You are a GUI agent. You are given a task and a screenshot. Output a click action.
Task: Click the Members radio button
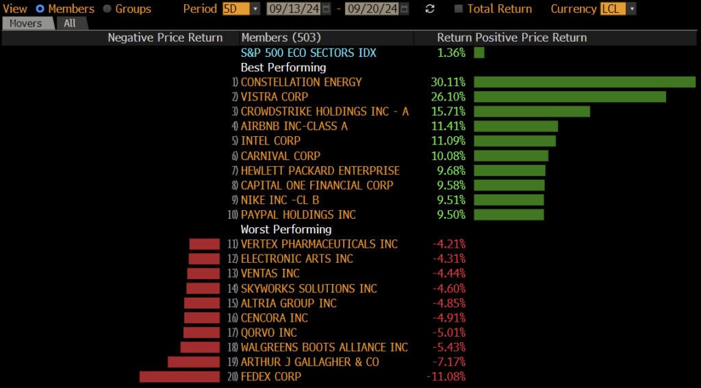(x=40, y=9)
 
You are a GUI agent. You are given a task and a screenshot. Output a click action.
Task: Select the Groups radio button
(x=107, y=9)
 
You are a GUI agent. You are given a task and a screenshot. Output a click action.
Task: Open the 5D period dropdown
(x=241, y=9)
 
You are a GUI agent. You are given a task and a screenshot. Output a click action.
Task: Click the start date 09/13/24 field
(x=294, y=9)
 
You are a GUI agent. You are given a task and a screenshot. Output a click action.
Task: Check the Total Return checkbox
(x=459, y=9)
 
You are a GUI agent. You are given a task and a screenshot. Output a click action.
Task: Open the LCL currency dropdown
(x=618, y=9)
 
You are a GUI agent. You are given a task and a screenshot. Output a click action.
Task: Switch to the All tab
(x=70, y=23)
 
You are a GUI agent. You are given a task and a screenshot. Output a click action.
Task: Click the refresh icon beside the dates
(x=430, y=9)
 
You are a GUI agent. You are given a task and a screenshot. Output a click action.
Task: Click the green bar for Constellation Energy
(x=585, y=82)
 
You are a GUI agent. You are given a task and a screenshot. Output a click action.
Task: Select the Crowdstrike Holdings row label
(x=324, y=112)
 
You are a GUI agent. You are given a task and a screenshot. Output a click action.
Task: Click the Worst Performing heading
(x=285, y=229)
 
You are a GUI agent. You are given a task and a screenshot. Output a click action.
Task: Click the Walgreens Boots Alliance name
(x=324, y=347)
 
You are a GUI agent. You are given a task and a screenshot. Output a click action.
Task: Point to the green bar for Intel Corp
(x=514, y=141)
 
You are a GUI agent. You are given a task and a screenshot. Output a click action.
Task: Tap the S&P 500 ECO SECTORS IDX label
(x=308, y=53)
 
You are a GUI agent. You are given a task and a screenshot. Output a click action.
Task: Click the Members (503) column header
(x=281, y=38)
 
